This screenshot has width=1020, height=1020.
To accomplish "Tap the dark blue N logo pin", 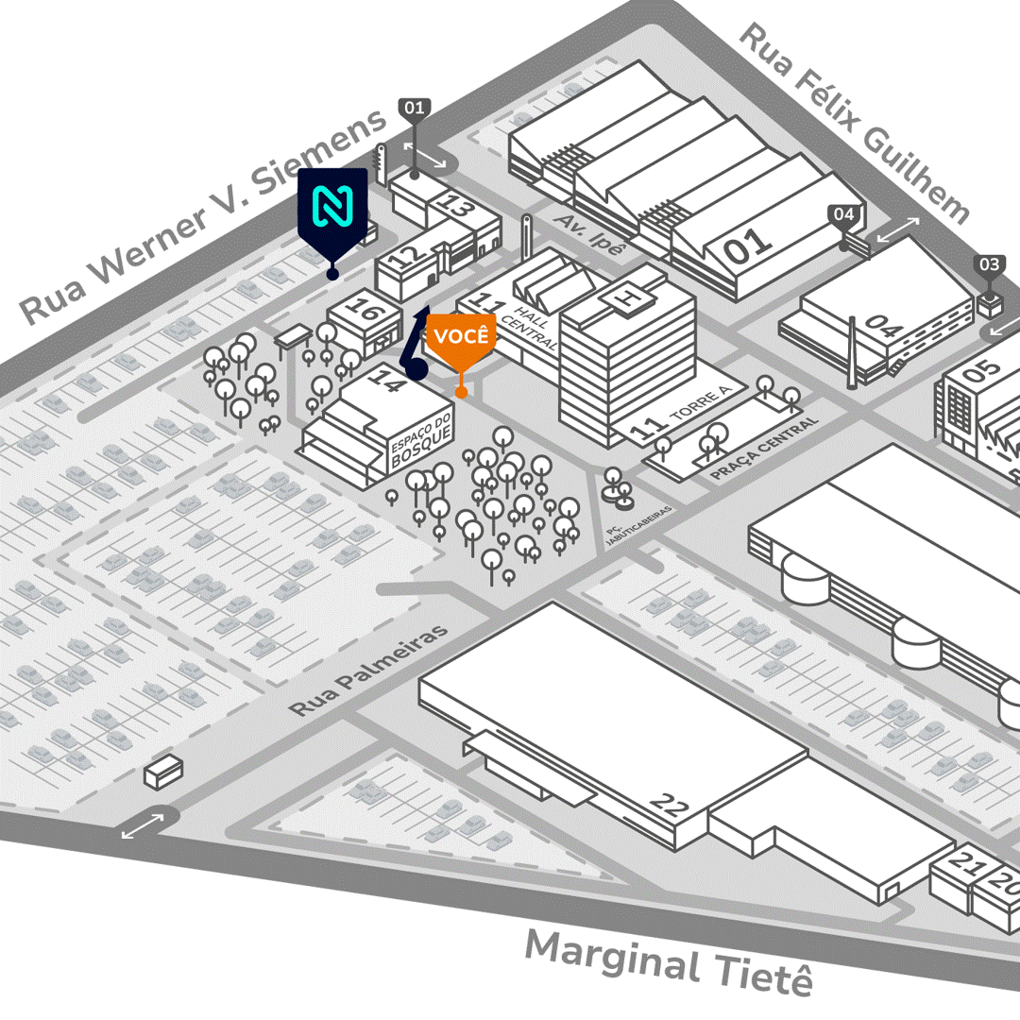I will pyautogui.click(x=331, y=210).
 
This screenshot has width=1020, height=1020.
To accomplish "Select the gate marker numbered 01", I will pyautogui.click(x=415, y=109).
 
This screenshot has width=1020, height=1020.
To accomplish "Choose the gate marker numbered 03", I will pyautogui.click(x=989, y=265).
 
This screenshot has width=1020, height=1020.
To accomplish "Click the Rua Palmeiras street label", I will pyautogui.click(x=368, y=670).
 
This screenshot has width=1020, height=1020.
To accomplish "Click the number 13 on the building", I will pyautogui.click(x=456, y=207).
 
